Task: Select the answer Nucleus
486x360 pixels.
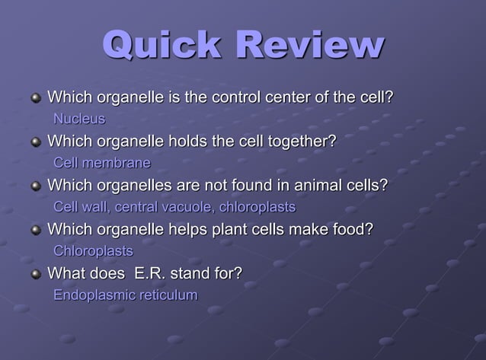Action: pos(79,119)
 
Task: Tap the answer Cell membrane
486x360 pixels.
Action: pos(102,163)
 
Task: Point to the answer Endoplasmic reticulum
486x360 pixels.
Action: pos(126,295)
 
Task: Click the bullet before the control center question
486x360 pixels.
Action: pos(36,98)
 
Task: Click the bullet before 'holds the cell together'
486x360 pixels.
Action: pos(36,142)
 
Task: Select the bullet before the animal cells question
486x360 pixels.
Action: pos(36,186)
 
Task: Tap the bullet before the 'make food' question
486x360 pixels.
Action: pos(36,230)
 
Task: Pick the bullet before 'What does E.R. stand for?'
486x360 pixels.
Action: pos(36,274)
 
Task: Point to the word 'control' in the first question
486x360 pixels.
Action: pos(235,97)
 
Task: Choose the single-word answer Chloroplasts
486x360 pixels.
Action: pos(93,251)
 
